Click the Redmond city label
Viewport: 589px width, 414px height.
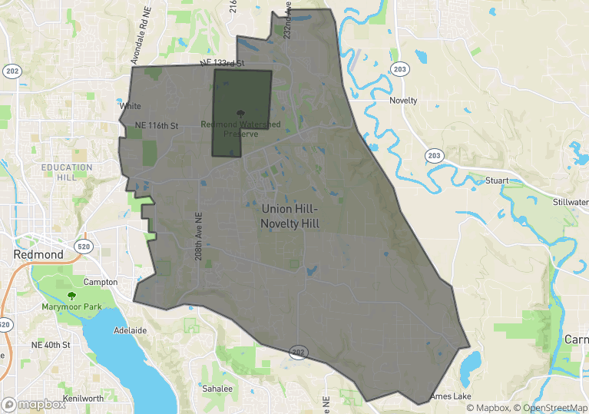click(38, 254)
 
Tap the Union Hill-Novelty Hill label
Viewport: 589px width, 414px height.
click(290, 217)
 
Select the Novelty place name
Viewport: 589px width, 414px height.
click(403, 101)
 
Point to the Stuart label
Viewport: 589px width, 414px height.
click(498, 181)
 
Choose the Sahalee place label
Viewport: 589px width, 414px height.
click(217, 389)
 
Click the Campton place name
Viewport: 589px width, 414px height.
click(100, 282)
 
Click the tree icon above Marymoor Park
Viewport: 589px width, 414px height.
click(71, 296)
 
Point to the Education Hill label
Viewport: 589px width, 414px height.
click(67, 172)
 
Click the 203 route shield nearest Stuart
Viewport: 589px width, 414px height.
click(435, 155)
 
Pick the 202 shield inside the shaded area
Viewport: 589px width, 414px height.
click(299, 352)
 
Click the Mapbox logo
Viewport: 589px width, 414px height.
click(34, 404)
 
